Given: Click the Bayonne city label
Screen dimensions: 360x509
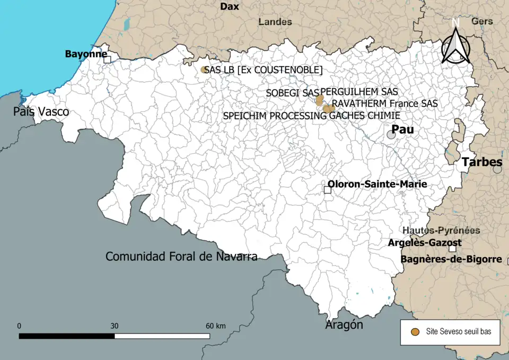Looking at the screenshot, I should (x=85, y=54).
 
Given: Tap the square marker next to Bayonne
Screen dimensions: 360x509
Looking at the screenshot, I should (x=107, y=59).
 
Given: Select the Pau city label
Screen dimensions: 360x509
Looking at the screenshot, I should (x=402, y=130).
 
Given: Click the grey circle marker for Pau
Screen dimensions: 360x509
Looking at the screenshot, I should (x=391, y=135).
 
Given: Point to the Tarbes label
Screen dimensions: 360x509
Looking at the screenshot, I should (x=482, y=162).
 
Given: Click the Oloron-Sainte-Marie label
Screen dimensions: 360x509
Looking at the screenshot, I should (x=377, y=184).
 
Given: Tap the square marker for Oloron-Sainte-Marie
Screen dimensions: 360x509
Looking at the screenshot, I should (x=328, y=190).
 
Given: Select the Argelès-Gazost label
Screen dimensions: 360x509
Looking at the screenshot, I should (x=425, y=243).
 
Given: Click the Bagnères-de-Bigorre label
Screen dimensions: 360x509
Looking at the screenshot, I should (x=451, y=259).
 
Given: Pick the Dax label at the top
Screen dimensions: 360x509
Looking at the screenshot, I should (x=230, y=6).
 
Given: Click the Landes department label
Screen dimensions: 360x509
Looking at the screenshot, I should (x=275, y=22).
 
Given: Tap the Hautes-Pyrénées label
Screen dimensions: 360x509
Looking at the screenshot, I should (x=441, y=231).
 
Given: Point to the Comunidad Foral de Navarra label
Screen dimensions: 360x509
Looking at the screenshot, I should (x=181, y=257).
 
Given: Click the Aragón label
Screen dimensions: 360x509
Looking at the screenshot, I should (x=344, y=324).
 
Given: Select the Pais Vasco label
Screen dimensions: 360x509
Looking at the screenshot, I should (x=41, y=112).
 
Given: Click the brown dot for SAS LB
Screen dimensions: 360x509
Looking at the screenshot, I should (x=204, y=69).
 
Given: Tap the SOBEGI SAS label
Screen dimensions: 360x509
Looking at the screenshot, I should (x=288, y=93).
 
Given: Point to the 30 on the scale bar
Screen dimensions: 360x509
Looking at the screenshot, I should (x=115, y=326).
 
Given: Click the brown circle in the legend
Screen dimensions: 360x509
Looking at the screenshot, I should (x=416, y=331).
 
